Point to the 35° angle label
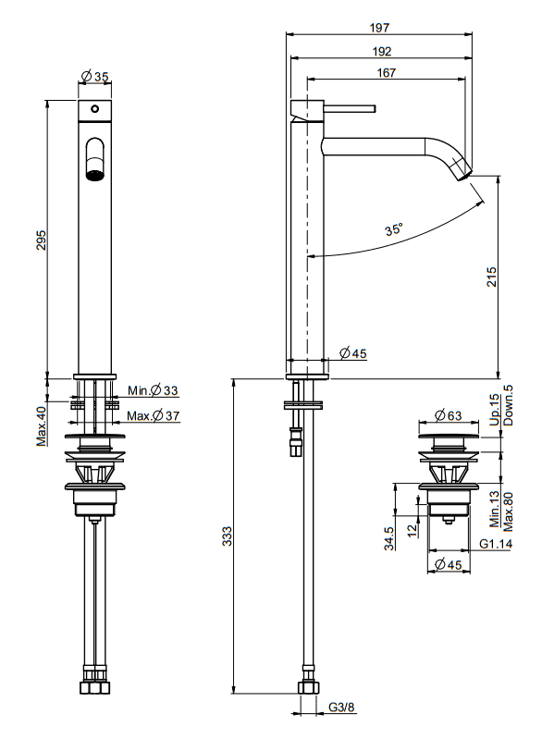[x=395, y=230]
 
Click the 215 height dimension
[x=491, y=277]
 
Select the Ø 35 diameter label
[x=95, y=77]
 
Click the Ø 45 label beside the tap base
[x=353, y=352]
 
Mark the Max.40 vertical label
[x=42, y=425]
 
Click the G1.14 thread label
[x=496, y=544]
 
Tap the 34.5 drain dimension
[x=390, y=537]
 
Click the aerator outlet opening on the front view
[x=94, y=171]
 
